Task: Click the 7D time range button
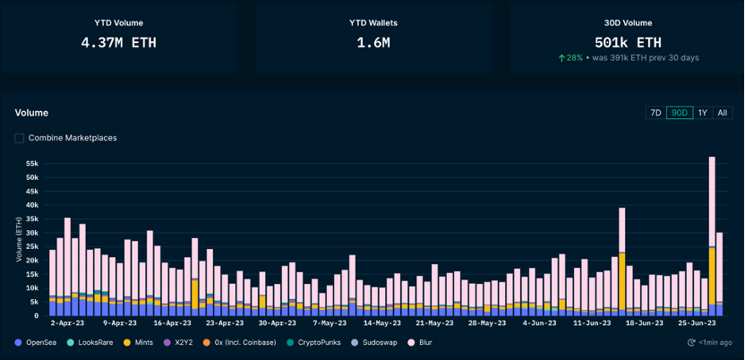click(x=655, y=113)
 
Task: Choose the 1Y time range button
click(x=703, y=113)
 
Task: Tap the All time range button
click(x=723, y=113)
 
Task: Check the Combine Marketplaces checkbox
click(x=20, y=138)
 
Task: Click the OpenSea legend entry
click(x=36, y=342)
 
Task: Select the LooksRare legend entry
click(x=90, y=342)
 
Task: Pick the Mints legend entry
click(x=138, y=342)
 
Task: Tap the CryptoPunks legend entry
click(x=314, y=342)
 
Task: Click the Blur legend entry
click(x=420, y=342)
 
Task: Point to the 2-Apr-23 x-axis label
click(x=67, y=323)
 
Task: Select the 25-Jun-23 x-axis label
click(x=696, y=323)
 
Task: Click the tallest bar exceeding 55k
click(x=712, y=236)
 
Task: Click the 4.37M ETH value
click(x=118, y=43)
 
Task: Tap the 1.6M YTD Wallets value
click(x=373, y=43)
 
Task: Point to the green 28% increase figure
click(x=570, y=58)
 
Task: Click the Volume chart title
click(x=31, y=113)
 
